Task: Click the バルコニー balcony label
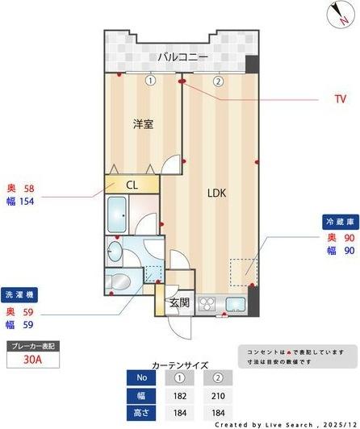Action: (x=183, y=57)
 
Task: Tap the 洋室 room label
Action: (x=144, y=123)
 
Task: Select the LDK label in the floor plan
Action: (x=217, y=194)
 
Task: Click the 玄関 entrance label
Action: (x=179, y=302)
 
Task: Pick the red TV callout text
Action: (x=339, y=99)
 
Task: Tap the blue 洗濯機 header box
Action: (x=20, y=294)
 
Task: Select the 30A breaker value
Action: (x=33, y=361)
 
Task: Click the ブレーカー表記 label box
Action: (x=33, y=346)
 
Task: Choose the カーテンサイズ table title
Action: (x=180, y=364)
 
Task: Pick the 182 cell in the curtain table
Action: (x=180, y=396)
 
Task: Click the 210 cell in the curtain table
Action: (x=217, y=396)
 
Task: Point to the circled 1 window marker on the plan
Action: (x=150, y=81)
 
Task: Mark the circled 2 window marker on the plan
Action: (x=218, y=81)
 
